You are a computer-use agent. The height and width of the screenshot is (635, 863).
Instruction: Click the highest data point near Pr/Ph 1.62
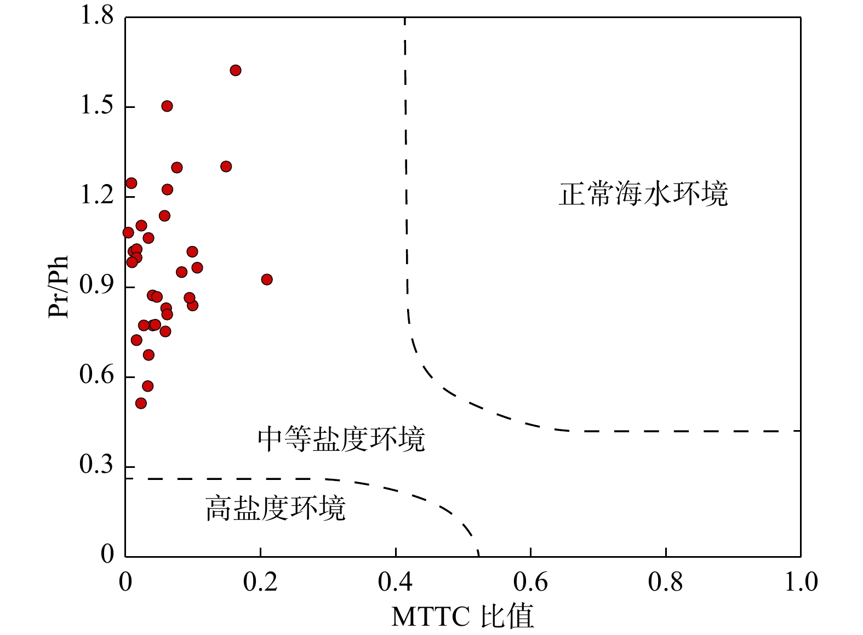click(x=236, y=70)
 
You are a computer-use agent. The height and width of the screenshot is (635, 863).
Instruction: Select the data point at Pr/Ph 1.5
click(x=167, y=106)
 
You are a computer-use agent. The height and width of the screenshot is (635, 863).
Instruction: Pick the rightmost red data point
click(x=267, y=279)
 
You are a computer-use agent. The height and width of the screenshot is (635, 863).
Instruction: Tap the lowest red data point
click(x=141, y=403)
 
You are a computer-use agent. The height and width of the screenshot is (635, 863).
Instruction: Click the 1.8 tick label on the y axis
click(x=97, y=16)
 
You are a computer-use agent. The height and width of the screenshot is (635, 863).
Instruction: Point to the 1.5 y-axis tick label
click(x=97, y=106)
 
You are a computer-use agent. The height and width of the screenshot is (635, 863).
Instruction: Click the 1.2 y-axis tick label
click(x=97, y=196)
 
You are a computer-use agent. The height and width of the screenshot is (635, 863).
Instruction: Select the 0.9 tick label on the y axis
click(x=97, y=285)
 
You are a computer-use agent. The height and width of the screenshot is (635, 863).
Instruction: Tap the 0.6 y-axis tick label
click(x=97, y=375)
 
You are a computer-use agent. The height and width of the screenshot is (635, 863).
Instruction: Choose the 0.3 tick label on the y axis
click(x=97, y=465)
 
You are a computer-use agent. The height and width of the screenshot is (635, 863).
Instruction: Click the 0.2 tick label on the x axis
click(x=260, y=582)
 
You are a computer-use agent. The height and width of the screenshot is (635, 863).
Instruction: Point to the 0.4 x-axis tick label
click(x=395, y=582)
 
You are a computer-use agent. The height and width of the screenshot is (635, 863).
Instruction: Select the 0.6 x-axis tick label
click(x=530, y=582)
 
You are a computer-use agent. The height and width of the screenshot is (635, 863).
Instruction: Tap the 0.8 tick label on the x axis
click(x=665, y=582)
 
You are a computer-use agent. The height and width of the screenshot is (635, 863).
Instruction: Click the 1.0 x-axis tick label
click(x=801, y=582)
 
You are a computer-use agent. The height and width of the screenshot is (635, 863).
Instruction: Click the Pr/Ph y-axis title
click(x=59, y=287)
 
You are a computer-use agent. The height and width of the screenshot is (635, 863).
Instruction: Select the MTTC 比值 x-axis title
click(x=462, y=617)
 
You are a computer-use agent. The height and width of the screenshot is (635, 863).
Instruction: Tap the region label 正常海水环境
click(x=643, y=194)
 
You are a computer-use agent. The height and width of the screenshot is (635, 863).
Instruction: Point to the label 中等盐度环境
click(x=341, y=439)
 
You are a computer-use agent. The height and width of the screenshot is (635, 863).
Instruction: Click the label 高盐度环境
click(x=276, y=508)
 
